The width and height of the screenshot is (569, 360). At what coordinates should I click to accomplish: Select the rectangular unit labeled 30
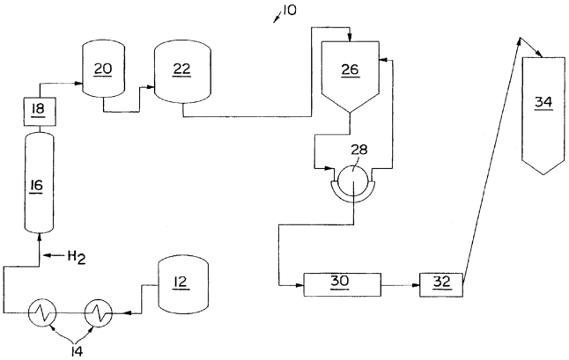[340, 283]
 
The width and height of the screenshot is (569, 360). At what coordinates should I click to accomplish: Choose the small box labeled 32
[439, 283]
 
